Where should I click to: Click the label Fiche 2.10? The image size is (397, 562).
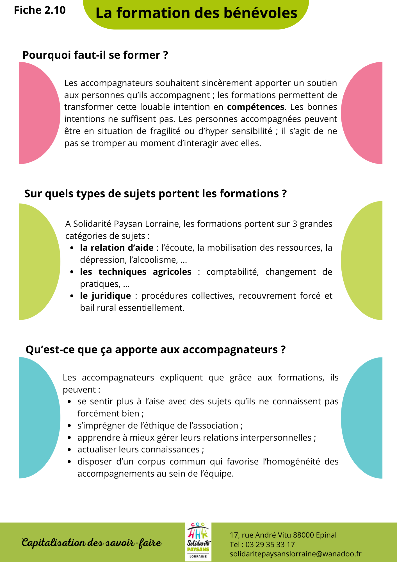pyautogui.click(x=40, y=10)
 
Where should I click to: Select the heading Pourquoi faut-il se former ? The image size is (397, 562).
pyautogui.click(x=95, y=55)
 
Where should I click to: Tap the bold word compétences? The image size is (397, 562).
pyautogui.click(x=255, y=107)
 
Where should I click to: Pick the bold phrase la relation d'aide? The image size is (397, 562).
pyautogui.click(x=117, y=248)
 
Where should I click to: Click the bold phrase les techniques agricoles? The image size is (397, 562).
pyautogui.click(x=136, y=272)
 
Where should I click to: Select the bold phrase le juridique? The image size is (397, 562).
pyautogui.click(x=105, y=296)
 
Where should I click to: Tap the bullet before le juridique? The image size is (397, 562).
pyautogui.click(x=72, y=296)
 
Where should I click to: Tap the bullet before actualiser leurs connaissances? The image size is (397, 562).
pyautogui.click(x=70, y=450)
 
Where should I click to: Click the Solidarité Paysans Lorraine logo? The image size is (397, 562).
pyautogui.click(x=198, y=542)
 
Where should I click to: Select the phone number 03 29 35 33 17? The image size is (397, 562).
pyautogui.click(x=270, y=545)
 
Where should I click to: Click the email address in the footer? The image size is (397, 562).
pyautogui.click(x=295, y=554)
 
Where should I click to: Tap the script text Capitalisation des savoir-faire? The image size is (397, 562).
pyautogui.click(x=92, y=543)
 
